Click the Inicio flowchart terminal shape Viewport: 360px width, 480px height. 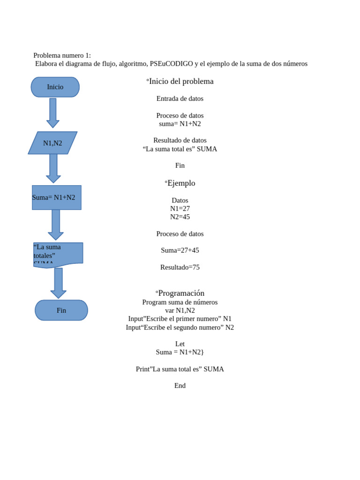[55, 87]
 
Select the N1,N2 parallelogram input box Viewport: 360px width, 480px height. [52, 143]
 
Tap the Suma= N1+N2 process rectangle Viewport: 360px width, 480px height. [56, 197]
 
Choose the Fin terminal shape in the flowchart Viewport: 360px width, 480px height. [61, 310]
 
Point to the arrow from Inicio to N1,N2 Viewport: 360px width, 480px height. [53, 113]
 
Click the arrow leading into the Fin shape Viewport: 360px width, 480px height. [58, 283]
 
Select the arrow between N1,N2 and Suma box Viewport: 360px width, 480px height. [53, 168]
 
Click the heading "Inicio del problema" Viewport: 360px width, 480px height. [180, 82]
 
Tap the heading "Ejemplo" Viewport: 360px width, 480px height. [180, 183]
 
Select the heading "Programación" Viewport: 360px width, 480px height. [180, 293]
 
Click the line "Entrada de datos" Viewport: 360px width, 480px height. [180, 99]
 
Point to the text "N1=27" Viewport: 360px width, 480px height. [180, 209]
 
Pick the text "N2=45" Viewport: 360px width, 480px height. [180, 217]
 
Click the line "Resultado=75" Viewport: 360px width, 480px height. [180, 267]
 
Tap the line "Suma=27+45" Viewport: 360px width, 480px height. [180, 250]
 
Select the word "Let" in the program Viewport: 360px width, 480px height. [180, 344]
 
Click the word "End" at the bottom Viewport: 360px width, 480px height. [180, 386]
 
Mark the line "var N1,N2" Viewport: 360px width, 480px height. [180, 310]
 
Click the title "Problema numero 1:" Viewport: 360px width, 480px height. [62, 56]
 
